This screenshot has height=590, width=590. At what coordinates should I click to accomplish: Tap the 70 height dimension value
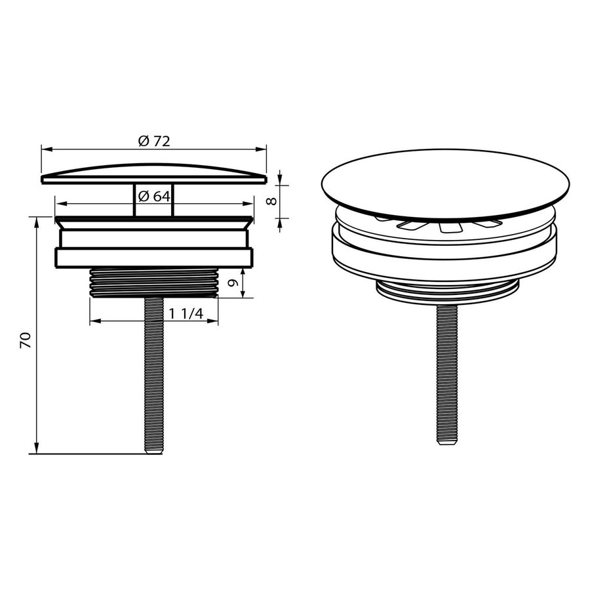point(26,339)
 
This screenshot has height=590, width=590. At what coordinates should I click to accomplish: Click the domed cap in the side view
point(154,174)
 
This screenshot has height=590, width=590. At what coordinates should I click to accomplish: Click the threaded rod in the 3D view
point(446,374)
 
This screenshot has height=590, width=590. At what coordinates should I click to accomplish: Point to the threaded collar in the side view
point(154,283)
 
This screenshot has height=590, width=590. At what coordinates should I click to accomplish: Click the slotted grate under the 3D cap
point(446,226)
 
